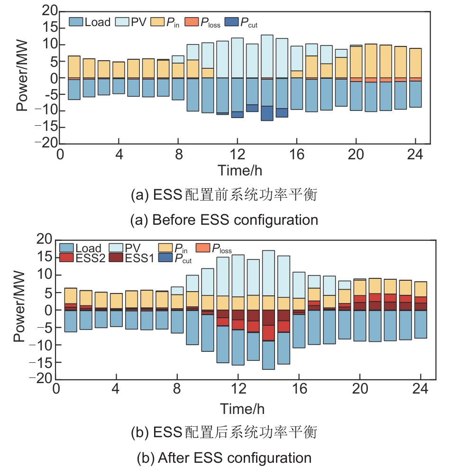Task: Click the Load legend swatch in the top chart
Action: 76,22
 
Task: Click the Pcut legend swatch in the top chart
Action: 232,22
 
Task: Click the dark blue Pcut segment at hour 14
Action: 267,113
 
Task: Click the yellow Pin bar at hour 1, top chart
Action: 74,66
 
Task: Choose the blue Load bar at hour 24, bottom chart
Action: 421,324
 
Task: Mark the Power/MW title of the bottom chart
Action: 19,309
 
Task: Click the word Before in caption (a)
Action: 181,220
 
